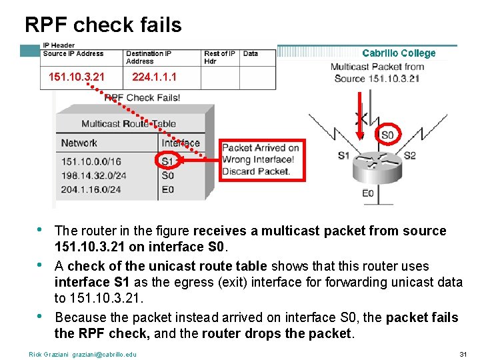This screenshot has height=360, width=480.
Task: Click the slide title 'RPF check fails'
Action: (x=103, y=25)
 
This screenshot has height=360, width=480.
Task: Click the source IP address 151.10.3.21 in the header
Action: (x=77, y=77)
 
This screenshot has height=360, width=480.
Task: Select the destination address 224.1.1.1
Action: (x=155, y=77)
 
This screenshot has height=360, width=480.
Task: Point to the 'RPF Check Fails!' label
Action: (x=142, y=97)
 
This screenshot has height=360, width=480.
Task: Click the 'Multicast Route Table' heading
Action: (x=129, y=123)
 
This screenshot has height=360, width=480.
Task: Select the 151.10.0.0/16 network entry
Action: (x=91, y=161)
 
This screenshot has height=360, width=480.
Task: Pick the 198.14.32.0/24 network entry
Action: (x=91, y=175)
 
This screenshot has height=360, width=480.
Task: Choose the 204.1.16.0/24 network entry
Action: (x=91, y=189)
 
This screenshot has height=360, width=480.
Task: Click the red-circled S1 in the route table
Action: (x=167, y=161)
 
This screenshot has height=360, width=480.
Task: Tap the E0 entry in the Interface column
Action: (x=167, y=189)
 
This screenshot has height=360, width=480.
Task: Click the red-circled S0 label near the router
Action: (x=387, y=135)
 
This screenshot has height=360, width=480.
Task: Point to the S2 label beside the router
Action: (x=409, y=156)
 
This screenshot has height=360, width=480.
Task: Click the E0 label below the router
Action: (x=368, y=193)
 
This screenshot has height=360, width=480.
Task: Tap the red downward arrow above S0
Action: (x=359, y=113)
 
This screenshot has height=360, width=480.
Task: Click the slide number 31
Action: (x=463, y=353)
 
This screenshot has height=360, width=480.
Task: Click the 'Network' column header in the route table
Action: (x=79, y=143)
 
